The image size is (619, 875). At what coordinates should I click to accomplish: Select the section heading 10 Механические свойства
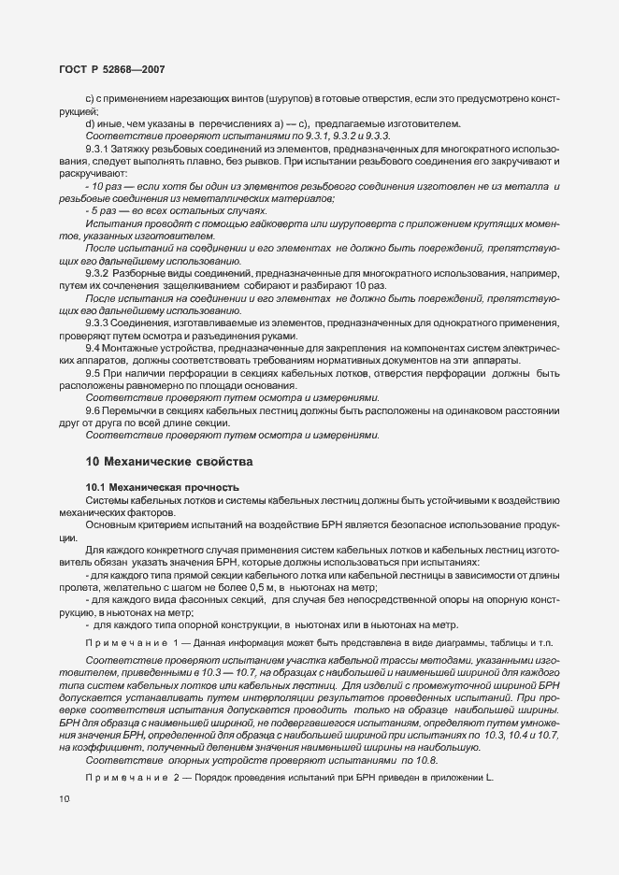point(168,461)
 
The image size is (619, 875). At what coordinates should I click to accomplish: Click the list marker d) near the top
point(90,124)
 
